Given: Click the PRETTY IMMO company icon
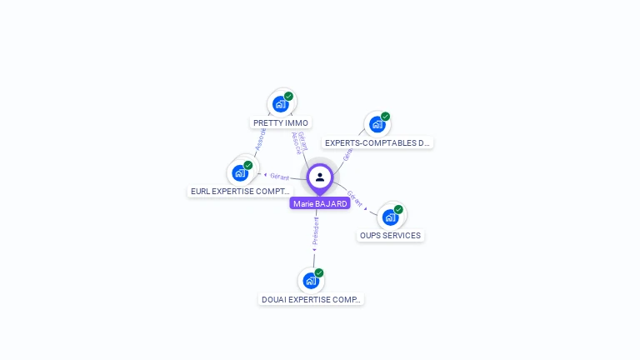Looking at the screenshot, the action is pos(280,104).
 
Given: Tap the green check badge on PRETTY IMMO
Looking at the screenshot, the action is pos(288,96).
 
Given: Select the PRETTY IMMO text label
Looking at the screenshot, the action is pos(281,122).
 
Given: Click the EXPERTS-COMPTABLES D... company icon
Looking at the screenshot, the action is pos(377,124).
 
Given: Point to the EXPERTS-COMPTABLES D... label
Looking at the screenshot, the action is pos(377,142).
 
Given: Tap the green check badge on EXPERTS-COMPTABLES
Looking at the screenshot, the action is pos(385,117).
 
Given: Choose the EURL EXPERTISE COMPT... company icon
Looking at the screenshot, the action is pos(240,172).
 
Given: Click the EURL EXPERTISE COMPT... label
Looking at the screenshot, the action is pos(240,191).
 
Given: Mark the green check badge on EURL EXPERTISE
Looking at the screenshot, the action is pos(247,165).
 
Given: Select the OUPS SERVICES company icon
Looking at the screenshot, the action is pos(390,217).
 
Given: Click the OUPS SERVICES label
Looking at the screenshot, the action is pos(390,236).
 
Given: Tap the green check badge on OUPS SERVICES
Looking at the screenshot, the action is pos(398,209).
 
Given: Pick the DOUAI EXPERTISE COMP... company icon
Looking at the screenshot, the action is pos(311,281).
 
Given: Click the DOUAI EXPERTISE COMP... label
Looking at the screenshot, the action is pos(311,299).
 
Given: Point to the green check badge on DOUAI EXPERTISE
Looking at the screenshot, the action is pos(318,273).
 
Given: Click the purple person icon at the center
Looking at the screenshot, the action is pos(320,177).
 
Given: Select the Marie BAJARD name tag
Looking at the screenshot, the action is pos(320,203).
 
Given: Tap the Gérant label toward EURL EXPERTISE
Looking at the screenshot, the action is pos(279,177).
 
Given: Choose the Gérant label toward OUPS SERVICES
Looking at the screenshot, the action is pos(355,198).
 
